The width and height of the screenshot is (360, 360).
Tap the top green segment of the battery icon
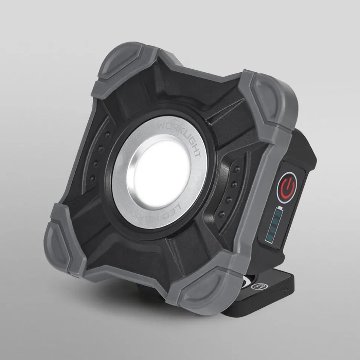pos(279,214)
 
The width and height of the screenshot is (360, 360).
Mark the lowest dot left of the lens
pos(93,179)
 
